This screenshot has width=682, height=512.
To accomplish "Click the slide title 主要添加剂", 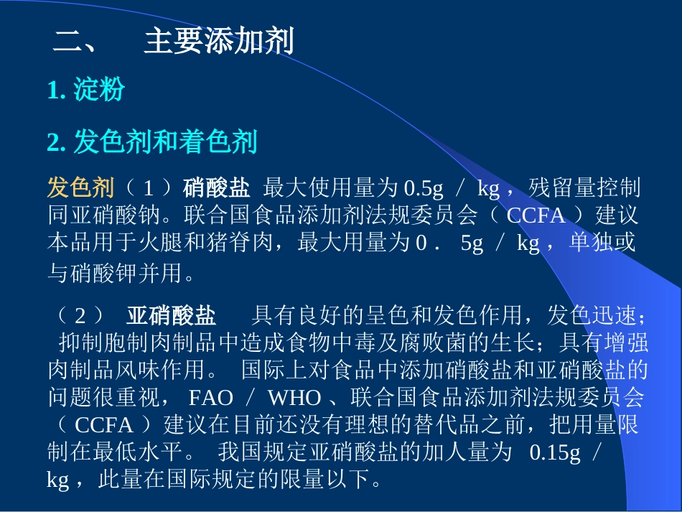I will pyautogui.click(x=218, y=41).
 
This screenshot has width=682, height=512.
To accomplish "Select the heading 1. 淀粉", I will pyautogui.click(x=85, y=90).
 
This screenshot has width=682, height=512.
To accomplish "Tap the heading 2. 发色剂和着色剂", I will pyautogui.click(x=151, y=142).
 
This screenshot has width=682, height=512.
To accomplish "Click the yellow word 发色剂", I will pyautogui.click(x=80, y=188).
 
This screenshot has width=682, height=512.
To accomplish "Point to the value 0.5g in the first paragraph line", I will pyautogui.click(x=424, y=189).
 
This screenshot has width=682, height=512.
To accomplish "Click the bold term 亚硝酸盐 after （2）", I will pyautogui.click(x=171, y=315).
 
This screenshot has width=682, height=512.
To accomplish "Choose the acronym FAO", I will pyautogui.click(x=211, y=397).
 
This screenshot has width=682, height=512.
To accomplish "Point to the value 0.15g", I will pyautogui.click(x=556, y=452).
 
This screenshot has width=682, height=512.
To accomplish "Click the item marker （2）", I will pyautogui.click(x=81, y=315).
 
